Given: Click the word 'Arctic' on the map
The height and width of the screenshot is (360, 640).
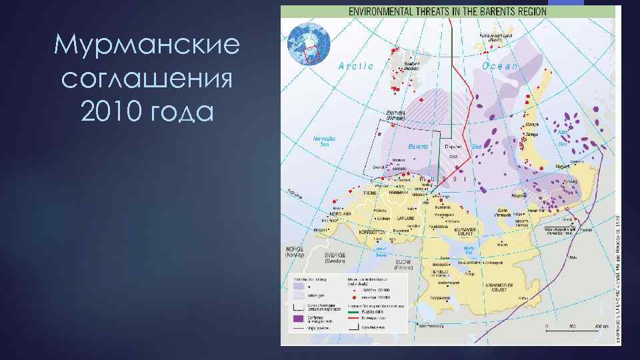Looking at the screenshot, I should (x=356, y=65).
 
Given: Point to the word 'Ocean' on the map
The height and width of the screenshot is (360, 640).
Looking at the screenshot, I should (x=500, y=65).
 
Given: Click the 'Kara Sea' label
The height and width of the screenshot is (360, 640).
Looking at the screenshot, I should (x=564, y=137).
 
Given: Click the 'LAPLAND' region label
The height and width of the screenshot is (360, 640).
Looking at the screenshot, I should (x=405, y=218).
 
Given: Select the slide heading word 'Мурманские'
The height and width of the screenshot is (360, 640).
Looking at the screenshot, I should (x=147, y=46).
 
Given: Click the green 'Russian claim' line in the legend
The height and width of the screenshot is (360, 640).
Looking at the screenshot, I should (x=354, y=310).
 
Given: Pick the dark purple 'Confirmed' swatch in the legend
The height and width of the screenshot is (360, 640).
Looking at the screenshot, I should (x=297, y=319).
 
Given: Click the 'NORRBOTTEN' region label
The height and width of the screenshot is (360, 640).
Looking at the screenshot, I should (x=372, y=232).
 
